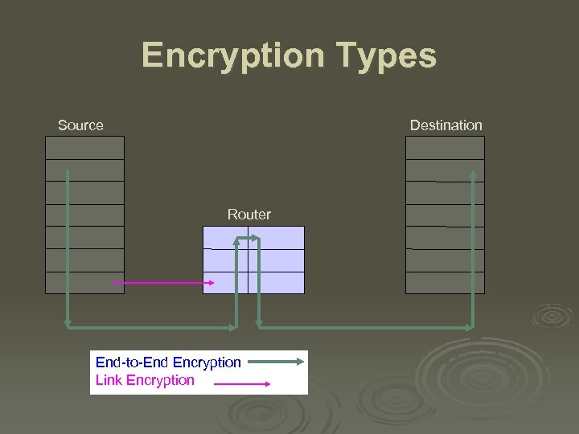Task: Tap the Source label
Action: point(80,125)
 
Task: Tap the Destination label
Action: point(446,125)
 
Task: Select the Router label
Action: point(249,215)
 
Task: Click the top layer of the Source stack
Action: point(84,148)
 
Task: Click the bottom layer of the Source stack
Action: point(84,283)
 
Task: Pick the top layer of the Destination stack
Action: point(445,148)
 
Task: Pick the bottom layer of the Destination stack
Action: point(445,283)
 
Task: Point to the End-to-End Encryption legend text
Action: point(168,362)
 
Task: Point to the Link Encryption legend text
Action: point(145,380)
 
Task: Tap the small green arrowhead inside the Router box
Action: point(253,238)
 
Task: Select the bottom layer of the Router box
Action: point(277,283)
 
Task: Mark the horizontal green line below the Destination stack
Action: point(366,327)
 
